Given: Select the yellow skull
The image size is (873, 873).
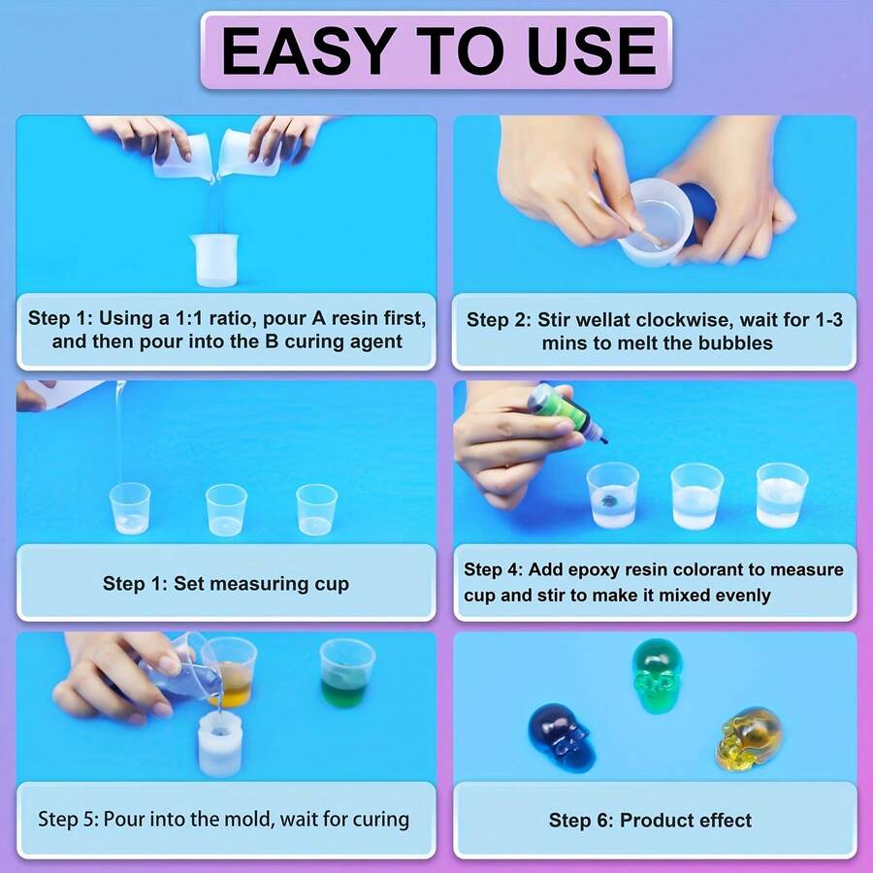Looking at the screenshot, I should click(749, 739).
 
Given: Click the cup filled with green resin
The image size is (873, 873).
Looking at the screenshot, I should click(346, 673).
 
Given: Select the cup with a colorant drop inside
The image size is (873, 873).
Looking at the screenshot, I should click(612, 496).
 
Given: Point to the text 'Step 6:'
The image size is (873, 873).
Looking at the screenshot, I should click(581, 821).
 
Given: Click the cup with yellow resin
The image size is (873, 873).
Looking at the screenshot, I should click(231, 671).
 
